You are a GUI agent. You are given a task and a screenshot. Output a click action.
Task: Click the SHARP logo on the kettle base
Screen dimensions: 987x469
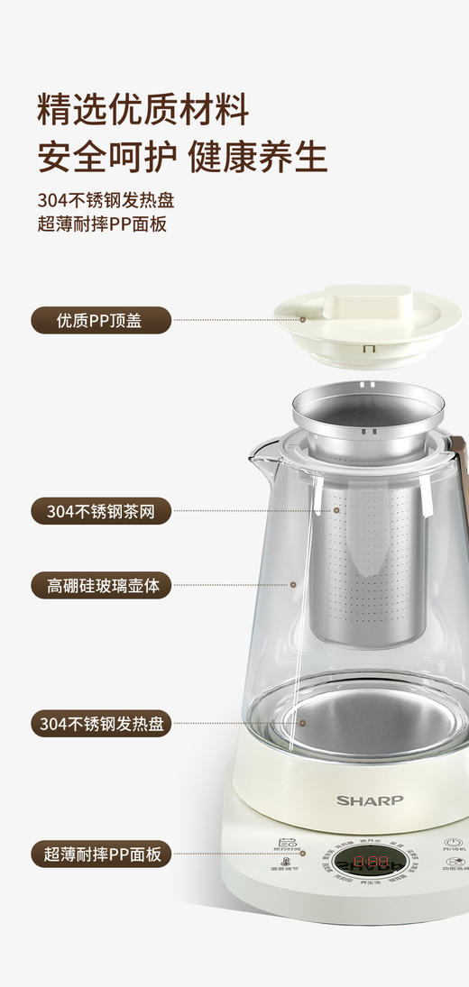pos(370,800)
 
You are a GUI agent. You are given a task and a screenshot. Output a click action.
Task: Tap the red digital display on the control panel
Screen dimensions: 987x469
pos(371,864)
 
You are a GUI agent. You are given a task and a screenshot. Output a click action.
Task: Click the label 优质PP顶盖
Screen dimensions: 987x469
pos(101,319)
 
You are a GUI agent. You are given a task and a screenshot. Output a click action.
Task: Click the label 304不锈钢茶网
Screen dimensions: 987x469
pos(101,510)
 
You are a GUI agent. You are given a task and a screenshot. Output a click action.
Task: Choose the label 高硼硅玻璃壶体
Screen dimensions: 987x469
pos(101,584)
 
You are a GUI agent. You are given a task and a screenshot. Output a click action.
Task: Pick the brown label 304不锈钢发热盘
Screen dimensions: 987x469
pos(101,723)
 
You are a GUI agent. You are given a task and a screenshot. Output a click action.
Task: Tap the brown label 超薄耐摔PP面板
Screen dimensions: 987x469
pos(101,853)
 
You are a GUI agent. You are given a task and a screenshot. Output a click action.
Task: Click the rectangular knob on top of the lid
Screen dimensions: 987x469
pos(367,298)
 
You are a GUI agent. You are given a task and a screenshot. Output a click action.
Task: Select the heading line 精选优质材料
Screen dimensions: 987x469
pos(143,110)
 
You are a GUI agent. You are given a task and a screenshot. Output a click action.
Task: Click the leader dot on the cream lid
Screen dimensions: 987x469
pos(303,319)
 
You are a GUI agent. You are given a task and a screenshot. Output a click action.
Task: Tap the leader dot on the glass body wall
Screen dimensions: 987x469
pos(294,584)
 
